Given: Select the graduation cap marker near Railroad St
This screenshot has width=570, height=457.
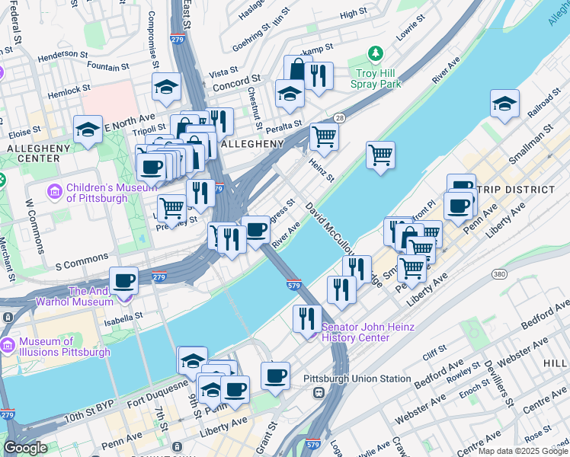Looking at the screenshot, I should coord(504,104).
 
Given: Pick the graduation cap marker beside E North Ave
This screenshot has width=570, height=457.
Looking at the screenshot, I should coord(88,130).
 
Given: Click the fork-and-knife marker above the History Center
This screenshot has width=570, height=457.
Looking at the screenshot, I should coord(308,318).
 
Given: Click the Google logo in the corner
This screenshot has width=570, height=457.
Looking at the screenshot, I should coord(25,448).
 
